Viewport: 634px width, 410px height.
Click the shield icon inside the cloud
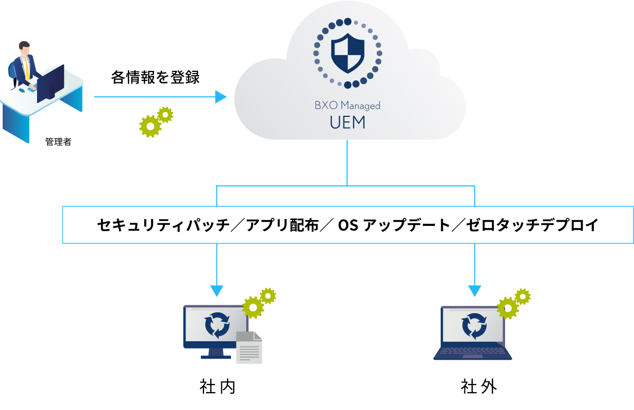point(348,53)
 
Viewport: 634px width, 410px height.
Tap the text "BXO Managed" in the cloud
point(347,105)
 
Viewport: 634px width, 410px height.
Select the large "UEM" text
point(347,123)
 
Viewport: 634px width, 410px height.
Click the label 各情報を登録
point(155,77)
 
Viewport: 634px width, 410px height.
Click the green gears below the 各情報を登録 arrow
point(156,122)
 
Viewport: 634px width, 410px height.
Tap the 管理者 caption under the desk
point(58,142)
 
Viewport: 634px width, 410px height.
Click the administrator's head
point(24,48)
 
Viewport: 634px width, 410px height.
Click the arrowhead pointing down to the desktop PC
point(217,291)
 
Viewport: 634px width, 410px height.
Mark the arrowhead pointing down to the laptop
point(474,291)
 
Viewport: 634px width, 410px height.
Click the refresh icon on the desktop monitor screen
point(217,325)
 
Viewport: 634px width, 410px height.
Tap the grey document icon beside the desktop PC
point(248,348)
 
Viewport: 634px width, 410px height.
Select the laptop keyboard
point(472,352)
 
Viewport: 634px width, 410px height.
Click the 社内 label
point(217,387)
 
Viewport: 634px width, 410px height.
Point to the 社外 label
point(479,387)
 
